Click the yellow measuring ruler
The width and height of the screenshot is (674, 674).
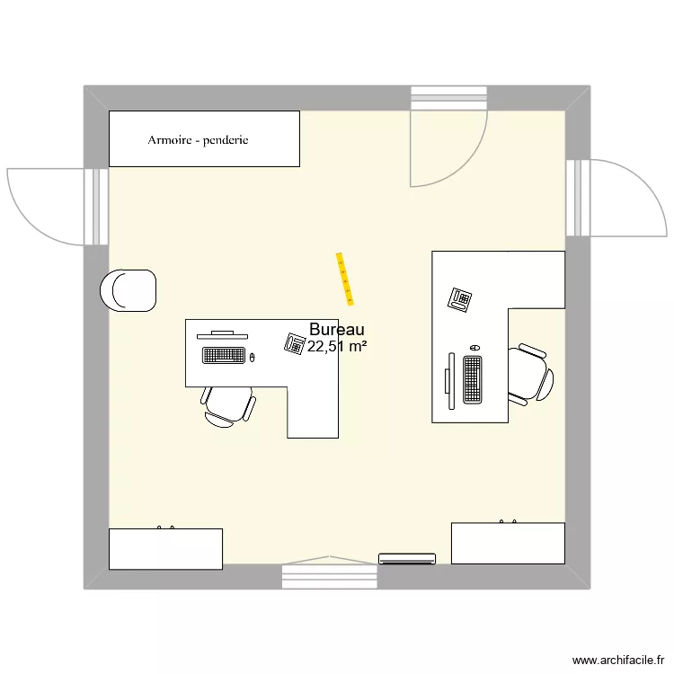(345, 276)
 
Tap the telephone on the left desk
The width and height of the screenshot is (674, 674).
(294, 342)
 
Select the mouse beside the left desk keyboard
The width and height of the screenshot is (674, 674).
(253, 358)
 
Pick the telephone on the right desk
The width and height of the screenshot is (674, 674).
(461, 297)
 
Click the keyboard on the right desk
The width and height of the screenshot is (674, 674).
(472, 378)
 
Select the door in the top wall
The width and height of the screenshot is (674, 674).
(448, 144)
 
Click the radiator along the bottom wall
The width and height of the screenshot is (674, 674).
(406, 558)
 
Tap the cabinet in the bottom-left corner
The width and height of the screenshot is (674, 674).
(165, 548)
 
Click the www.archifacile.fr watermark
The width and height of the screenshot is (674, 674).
(620, 660)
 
